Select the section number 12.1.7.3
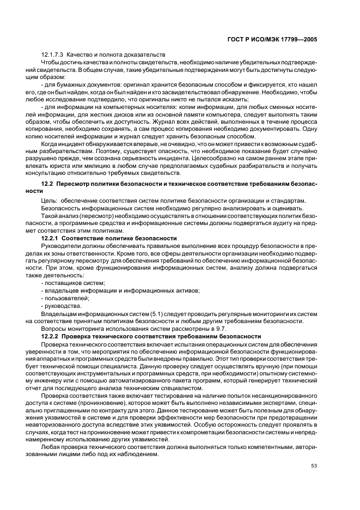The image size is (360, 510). pyautogui.click(x=53, y=56)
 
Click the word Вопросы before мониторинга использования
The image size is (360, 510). pyautogui.click(x=56, y=329)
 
